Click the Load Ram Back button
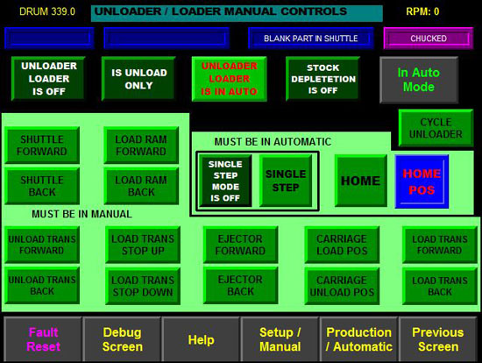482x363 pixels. coord(141,186)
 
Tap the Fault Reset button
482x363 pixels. coord(43,339)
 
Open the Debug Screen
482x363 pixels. coord(123,339)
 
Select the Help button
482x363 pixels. coord(201,339)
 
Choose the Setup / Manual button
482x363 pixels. coord(280,339)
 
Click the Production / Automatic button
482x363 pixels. coord(359,339)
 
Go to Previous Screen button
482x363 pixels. coord(438,339)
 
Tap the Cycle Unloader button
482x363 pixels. coord(436,128)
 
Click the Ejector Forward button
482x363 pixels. coord(240,245)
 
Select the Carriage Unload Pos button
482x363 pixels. coord(342,286)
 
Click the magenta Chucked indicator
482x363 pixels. coord(429,39)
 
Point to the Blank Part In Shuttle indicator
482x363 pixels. coord(311,39)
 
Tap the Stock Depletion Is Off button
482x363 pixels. coord(323,79)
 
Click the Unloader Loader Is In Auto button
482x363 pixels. coord(230,79)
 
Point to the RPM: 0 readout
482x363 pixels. coord(422,11)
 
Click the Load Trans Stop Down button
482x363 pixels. coord(143,286)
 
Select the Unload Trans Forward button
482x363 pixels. coord(42,245)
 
